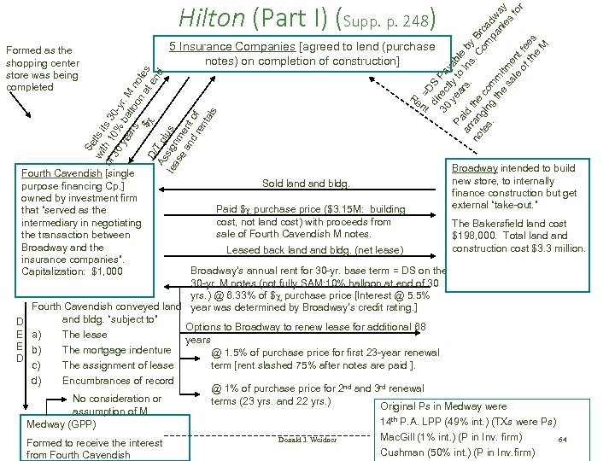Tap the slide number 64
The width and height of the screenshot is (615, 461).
(562, 439)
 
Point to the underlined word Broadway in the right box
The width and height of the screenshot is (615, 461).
(476, 168)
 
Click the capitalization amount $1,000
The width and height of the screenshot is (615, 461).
(106, 271)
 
